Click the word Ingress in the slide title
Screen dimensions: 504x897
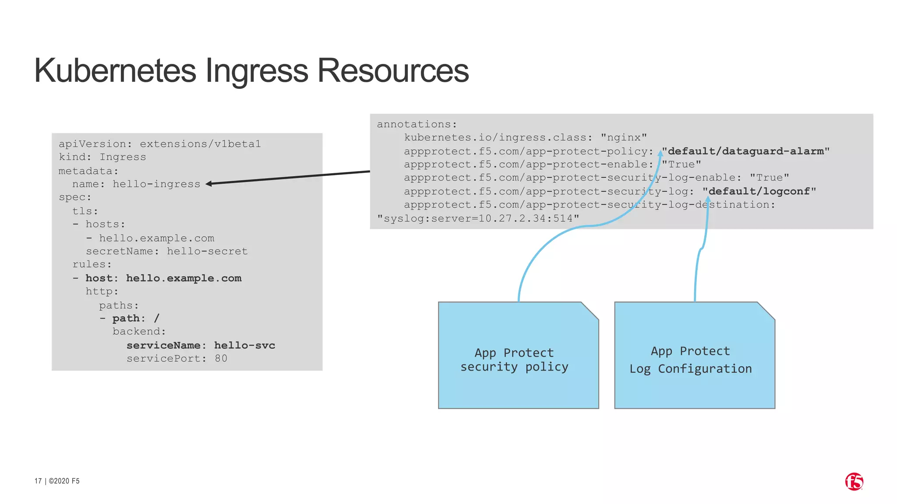click(x=257, y=71)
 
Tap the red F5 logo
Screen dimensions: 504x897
click(x=854, y=482)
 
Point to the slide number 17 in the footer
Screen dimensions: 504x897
click(x=38, y=481)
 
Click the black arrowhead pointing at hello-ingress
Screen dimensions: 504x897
click(x=209, y=184)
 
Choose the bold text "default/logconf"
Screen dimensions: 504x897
click(x=759, y=191)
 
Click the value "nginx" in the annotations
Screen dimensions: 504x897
click(x=624, y=138)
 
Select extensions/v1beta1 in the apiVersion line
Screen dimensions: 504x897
click(x=200, y=144)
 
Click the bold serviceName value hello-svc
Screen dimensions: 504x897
click(x=244, y=345)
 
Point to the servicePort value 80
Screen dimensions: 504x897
click(x=221, y=358)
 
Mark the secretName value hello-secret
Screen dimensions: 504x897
click(x=207, y=251)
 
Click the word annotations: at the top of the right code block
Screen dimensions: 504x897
click(x=417, y=124)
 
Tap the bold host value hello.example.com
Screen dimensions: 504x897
click(x=184, y=278)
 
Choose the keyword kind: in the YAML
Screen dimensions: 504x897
click(x=72, y=157)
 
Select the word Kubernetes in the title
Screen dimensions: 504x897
click(x=115, y=71)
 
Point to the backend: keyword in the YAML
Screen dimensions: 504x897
click(x=139, y=331)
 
